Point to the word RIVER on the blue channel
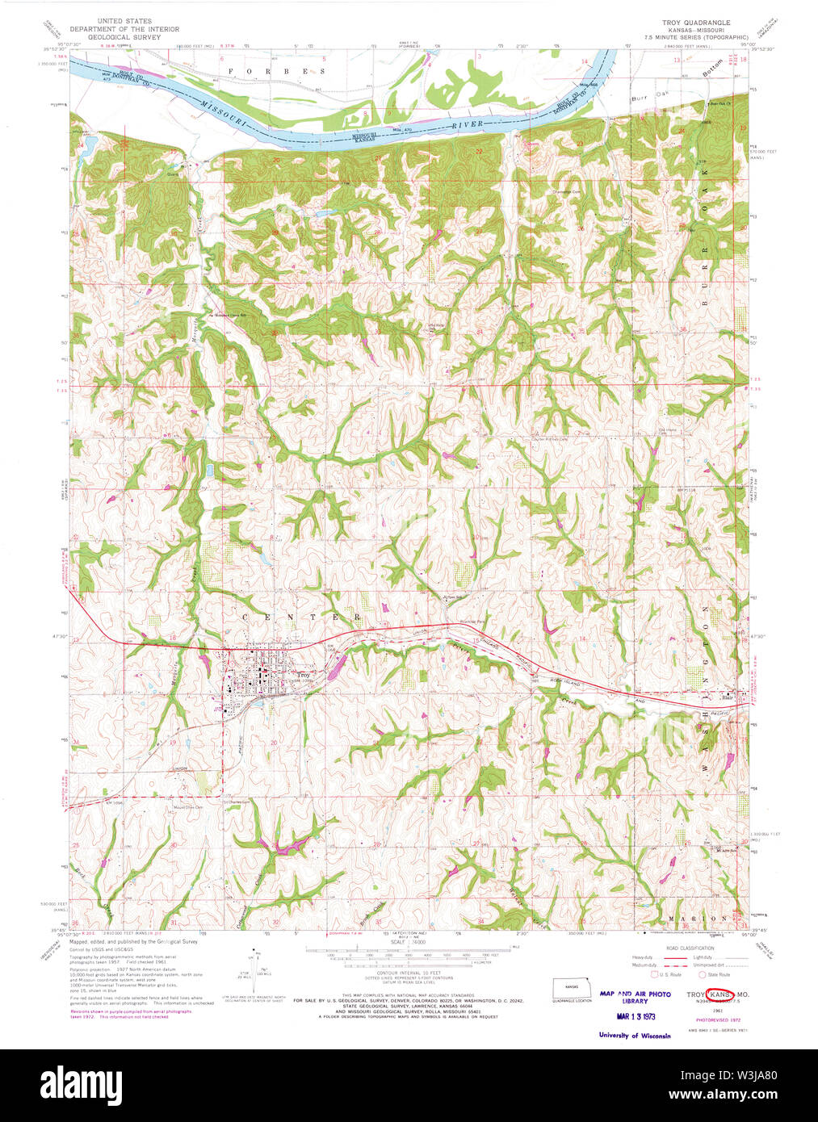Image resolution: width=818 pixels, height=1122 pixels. click(x=468, y=126)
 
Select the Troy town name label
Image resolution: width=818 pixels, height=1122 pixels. click(x=303, y=675)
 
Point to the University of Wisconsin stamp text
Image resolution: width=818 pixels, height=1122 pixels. click(x=635, y=1036)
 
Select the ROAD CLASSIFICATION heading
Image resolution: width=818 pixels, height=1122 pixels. click(x=691, y=948)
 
